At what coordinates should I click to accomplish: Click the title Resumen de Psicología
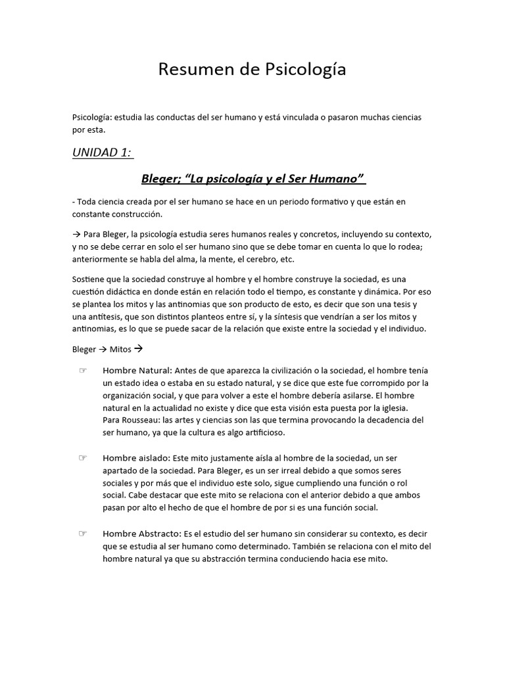tap(252, 70)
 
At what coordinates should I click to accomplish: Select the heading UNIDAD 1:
tap(103, 152)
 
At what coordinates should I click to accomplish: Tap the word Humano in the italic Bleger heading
tap(339, 179)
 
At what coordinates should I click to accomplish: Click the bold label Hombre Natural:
tap(137, 371)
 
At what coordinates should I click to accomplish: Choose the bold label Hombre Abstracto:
tap(141, 534)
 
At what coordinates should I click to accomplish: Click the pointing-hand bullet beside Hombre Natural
tap(83, 371)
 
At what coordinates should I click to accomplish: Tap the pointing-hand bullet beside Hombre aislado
tap(83, 457)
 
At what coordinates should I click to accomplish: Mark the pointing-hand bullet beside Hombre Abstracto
tap(83, 534)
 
